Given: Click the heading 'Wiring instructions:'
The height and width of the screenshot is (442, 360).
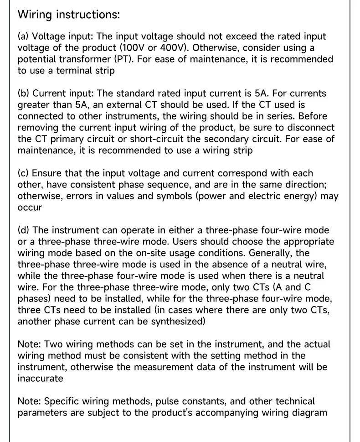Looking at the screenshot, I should pyautogui.click(x=68, y=14).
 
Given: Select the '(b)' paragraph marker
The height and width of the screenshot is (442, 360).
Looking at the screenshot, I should pyautogui.click(x=24, y=94).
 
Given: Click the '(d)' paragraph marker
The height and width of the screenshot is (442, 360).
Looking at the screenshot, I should pyautogui.click(x=24, y=230).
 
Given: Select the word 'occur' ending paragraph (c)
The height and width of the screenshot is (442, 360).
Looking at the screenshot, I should pyautogui.click(x=30, y=208).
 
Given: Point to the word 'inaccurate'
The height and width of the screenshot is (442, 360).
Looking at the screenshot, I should pyautogui.click(x=40, y=379).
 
